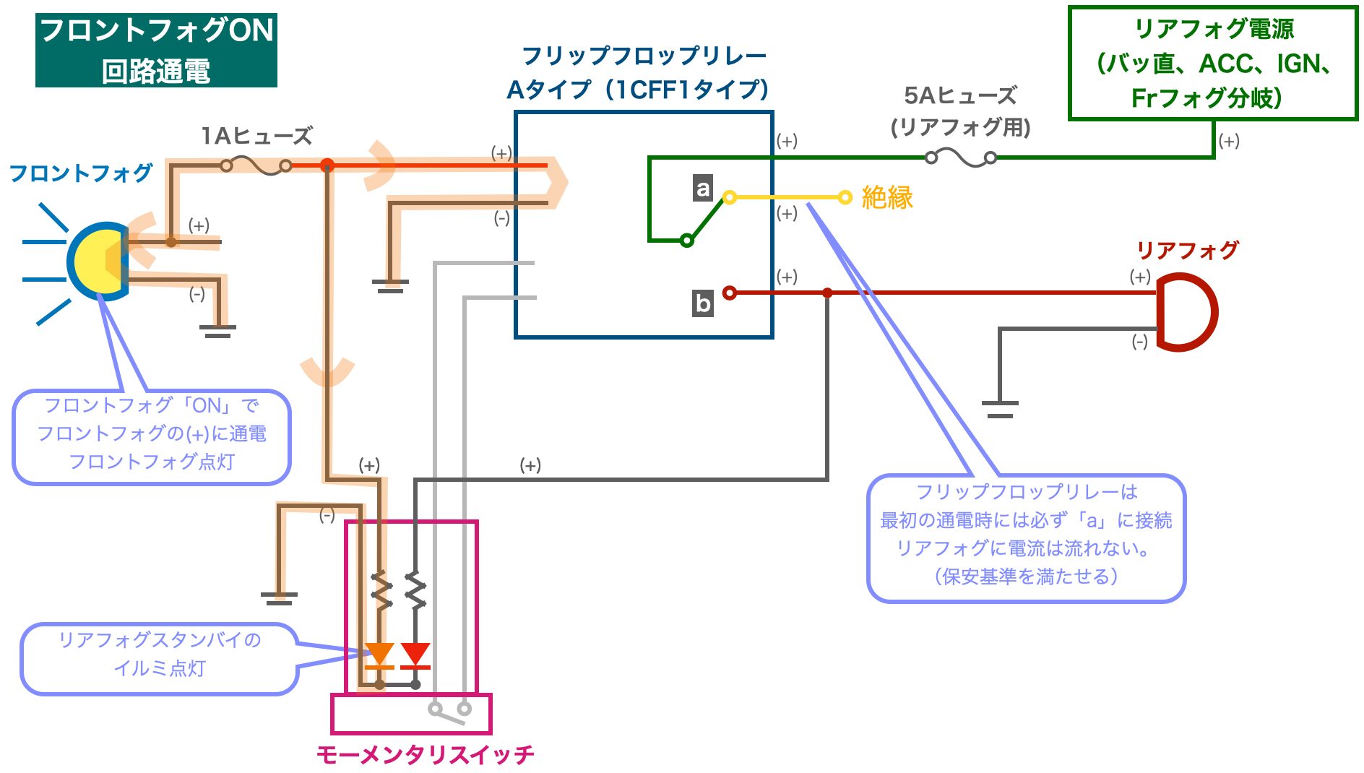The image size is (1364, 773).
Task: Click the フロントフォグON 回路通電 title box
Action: pos(156,51)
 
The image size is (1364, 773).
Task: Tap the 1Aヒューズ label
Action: pos(257,136)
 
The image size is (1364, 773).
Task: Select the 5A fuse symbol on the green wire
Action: pos(961,157)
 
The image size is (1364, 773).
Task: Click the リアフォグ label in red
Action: pos(1188,251)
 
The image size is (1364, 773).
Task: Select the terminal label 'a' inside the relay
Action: pos(703,188)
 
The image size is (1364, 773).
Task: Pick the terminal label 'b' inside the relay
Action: pos(703,303)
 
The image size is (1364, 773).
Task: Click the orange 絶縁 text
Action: pos(887,197)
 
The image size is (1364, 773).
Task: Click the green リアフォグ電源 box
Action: pos(1213,63)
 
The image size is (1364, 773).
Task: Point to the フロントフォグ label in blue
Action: pos(81,173)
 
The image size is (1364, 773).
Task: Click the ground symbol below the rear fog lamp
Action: pos(1000,409)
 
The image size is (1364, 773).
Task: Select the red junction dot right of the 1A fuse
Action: pos(327,165)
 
